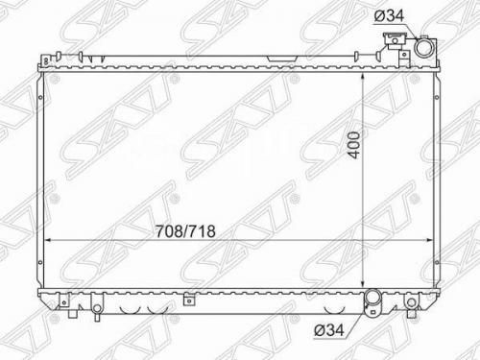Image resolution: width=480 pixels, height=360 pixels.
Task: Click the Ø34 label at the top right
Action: click(x=389, y=15)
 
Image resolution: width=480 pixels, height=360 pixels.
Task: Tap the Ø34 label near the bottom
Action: click(x=329, y=329)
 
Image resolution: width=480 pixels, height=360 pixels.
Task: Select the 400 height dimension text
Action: click(x=355, y=144)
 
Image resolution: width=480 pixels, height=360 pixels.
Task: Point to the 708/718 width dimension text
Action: click(x=185, y=231)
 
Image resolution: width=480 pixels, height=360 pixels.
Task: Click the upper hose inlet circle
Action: click(x=424, y=47)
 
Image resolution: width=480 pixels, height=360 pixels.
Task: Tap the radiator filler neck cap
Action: click(x=395, y=40)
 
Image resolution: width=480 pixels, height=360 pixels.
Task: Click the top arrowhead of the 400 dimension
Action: click(x=363, y=77)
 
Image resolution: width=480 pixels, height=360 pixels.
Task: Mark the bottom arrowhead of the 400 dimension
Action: click(x=363, y=283)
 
